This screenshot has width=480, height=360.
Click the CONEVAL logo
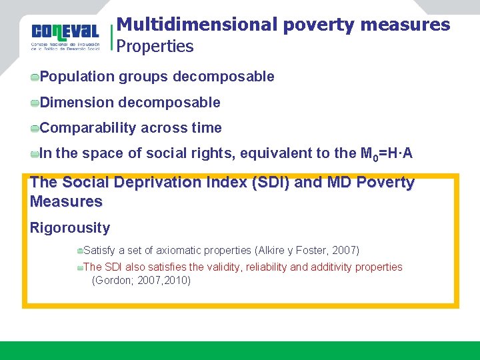65,36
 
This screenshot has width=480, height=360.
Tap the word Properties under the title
155,47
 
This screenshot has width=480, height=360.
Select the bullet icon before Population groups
35,77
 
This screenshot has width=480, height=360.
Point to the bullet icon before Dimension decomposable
35,103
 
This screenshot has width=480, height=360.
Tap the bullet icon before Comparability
35,129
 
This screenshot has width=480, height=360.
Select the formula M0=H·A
386,154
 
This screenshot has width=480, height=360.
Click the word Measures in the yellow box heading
66,201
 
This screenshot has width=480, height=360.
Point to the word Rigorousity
70,228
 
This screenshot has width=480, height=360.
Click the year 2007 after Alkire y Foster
343,251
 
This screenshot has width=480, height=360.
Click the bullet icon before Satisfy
79,251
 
